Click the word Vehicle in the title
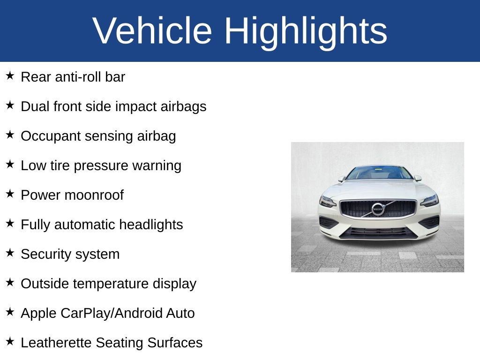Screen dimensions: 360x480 (x=152, y=30)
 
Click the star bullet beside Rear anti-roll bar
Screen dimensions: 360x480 (x=10, y=75)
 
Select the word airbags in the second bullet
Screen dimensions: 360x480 (x=183, y=107)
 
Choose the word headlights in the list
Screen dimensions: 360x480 (x=150, y=225)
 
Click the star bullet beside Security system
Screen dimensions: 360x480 (x=10, y=253)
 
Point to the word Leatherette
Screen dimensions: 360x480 (x=56, y=343)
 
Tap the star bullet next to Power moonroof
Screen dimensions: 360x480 (x=10, y=194)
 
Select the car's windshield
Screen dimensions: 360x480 (x=379, y=173)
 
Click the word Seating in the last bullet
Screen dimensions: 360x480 (x=120, y=343)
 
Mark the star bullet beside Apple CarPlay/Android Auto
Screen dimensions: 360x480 (x=10, y=312)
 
